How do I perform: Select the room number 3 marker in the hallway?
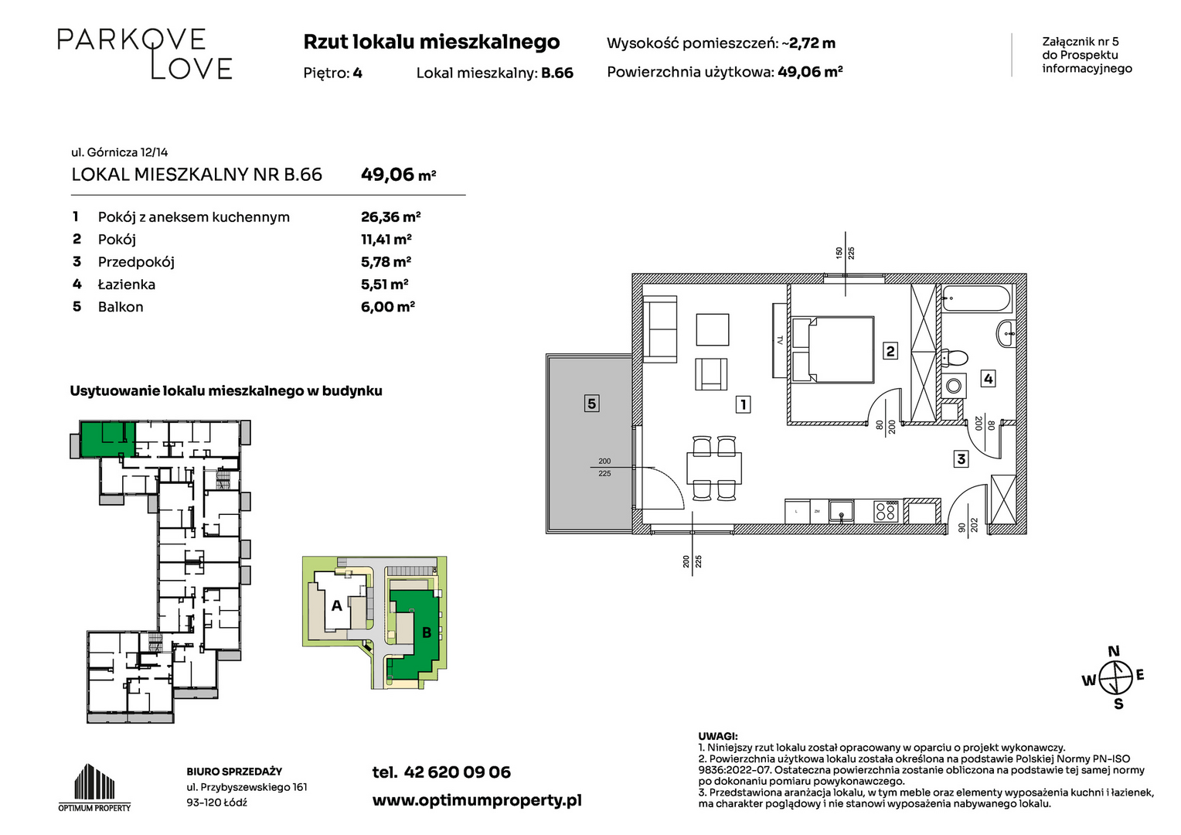(961, 459)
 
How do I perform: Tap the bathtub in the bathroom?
(976, 300)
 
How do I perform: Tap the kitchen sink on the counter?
(842, 511)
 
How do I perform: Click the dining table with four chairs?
(714, 469)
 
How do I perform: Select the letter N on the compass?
(1114, 651)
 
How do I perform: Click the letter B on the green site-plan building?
(427, 632)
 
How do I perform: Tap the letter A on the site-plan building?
(336, 605)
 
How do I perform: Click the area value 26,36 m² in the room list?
(390, 216)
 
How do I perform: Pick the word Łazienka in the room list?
(127, 285)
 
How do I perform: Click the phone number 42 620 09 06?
(457, 772)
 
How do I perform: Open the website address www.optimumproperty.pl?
(477, 801)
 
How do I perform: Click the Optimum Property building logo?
(94, 787)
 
